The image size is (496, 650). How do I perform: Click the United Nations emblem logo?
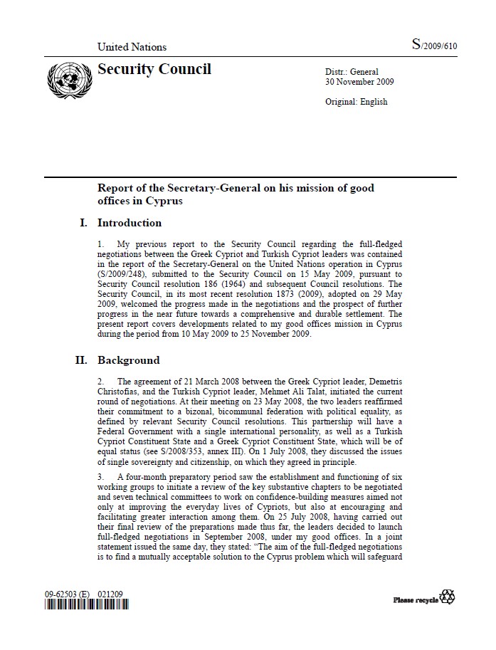click(x=65, y=76)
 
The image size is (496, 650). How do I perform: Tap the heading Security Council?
click(x=154, y=69)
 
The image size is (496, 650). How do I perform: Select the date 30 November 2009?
click(x=359, y=82)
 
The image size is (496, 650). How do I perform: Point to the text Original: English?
click(x=356, y=102)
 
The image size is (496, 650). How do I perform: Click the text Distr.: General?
click(x=352, y=72)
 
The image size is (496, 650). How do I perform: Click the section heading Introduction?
click(x=129, y=223)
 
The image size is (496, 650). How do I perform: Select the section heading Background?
click(x=128, y=360)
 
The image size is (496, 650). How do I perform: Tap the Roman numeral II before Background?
click(x=82, y=360)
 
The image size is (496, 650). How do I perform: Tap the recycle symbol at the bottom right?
click(x=448, y=597)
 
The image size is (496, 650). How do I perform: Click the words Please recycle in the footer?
click(x=416, y=600)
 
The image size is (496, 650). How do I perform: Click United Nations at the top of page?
click(x=132, y=47)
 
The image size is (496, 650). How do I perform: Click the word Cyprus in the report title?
click(x=167, y=201)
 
